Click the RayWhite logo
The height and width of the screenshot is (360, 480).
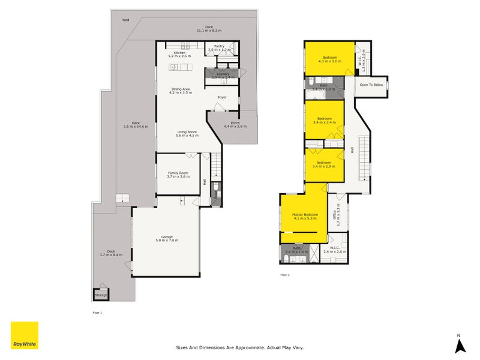25,335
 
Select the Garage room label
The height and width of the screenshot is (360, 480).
167,238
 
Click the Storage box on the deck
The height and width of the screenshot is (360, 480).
101,295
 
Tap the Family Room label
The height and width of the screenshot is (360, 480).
178,174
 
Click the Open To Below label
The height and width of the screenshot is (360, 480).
371,85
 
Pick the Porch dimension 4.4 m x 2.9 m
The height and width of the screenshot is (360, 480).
235,127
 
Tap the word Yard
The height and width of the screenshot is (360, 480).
125,20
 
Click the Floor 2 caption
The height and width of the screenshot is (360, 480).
284,275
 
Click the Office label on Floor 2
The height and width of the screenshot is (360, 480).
335,214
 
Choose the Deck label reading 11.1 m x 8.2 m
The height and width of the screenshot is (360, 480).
209,28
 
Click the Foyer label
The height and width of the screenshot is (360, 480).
222,97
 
